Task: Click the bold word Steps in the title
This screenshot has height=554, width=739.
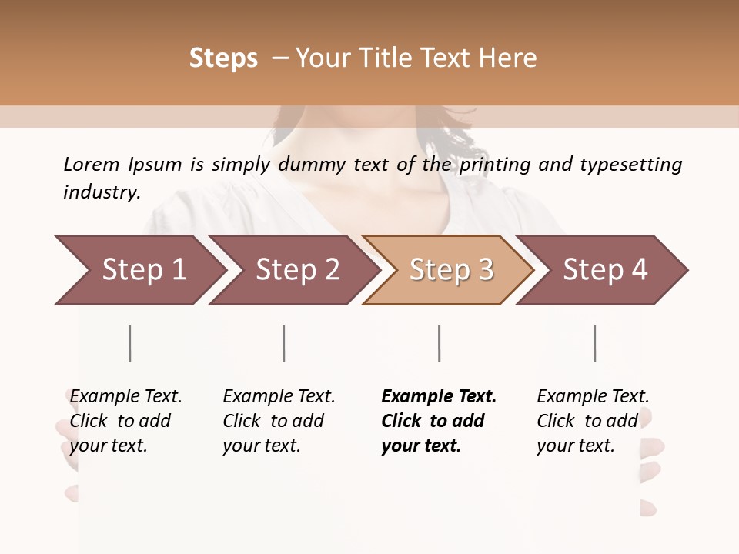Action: pyautogui.click(x=223, y=58)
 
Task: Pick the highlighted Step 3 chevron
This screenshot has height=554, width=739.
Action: pyautogui.click(x=451, y=270)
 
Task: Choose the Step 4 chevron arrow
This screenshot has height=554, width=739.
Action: pyautogui.click(x=605, y=270)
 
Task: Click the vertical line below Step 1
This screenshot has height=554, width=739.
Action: pyautogui.click(x=129, y=343)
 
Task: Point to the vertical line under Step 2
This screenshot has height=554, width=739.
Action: pyautogui.click(x=283, y=343)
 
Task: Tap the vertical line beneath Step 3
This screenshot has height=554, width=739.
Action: pyautogui.click(x=439, y=343)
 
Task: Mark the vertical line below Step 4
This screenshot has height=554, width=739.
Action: pyautogui.click(x=594, y=343)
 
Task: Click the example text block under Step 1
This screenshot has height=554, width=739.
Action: pyautogui.click(x=125, y=421)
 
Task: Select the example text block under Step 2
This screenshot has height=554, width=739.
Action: pyautogui.click(x=279, y=421)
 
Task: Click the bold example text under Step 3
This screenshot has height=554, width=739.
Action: pyautogui.click(x=439, y=421)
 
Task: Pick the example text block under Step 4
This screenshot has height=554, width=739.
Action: pyautogui.click(x=593, y=421)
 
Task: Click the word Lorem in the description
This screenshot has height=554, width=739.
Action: pyautogui.click(x=92, y=164)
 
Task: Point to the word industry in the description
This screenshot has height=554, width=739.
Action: pyautogui.click(x=101, y=192)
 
